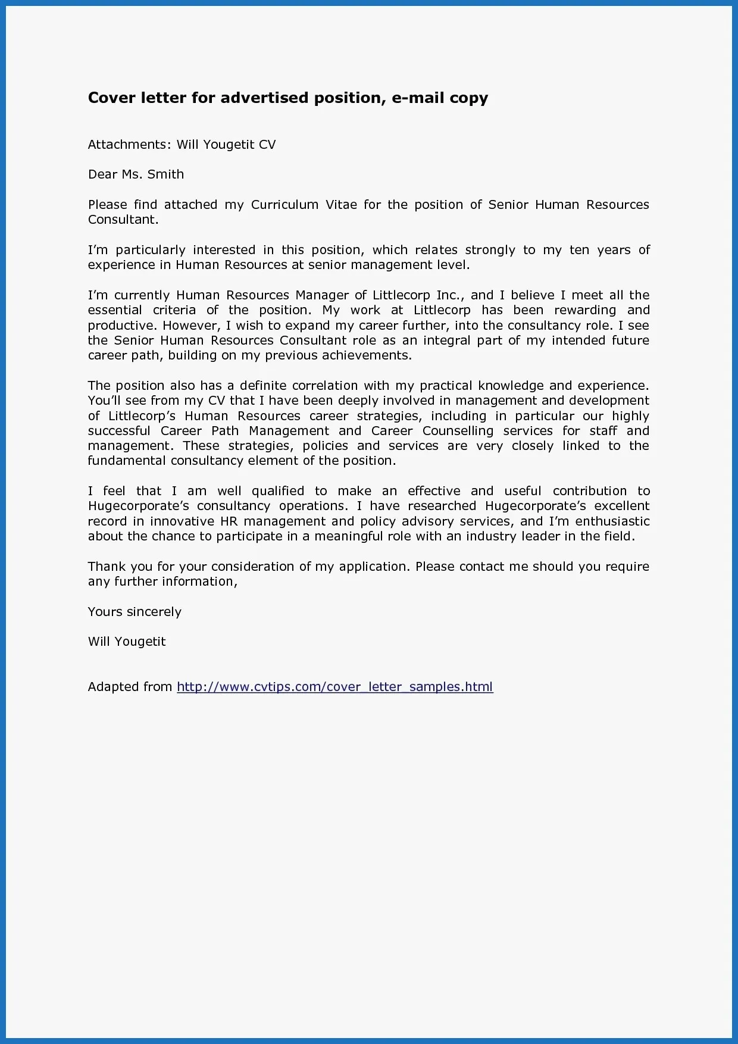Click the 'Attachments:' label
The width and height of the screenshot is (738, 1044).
[129, 145]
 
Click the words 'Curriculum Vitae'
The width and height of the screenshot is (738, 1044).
[304, 205]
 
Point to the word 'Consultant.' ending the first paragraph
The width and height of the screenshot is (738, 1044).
[123, 220]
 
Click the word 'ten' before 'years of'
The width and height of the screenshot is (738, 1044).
[578, 250]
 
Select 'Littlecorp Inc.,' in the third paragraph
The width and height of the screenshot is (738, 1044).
[418, 295]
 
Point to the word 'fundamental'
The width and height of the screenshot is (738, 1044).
[126, 461]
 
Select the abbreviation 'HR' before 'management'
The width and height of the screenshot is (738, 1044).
[229, 521]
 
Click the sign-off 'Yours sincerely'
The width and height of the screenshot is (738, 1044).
[135, 612]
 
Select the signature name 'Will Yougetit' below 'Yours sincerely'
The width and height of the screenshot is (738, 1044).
[127, 642]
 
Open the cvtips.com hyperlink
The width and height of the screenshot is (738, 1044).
[334, 687]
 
